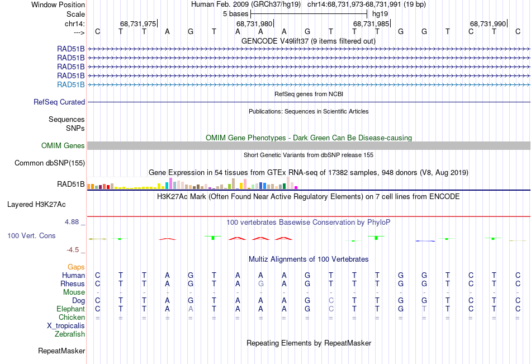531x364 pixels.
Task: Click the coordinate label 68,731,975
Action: click(138, 23)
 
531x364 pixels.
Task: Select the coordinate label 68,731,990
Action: click(488, 23)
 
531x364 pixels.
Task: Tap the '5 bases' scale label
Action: click(235, 13)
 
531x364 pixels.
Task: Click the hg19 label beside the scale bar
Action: click(380, 13)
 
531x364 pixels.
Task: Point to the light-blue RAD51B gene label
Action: click(71, 84)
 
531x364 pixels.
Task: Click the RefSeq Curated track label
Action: click(59, 102)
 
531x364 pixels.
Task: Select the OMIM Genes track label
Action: click(63, 146)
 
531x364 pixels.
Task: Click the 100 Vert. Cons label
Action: click(31, 236)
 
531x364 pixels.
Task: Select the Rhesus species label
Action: click(73, 283)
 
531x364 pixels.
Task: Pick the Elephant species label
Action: click(70, 309)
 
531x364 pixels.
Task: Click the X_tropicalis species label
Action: click(66, 325)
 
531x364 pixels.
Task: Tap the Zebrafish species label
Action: click(70, 334)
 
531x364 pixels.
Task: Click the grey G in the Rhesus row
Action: click(260, 283)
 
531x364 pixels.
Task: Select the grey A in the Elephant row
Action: click(191, 309)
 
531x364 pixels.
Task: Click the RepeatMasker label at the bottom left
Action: click(61, 351)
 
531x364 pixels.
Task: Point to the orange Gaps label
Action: click(76, 267)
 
